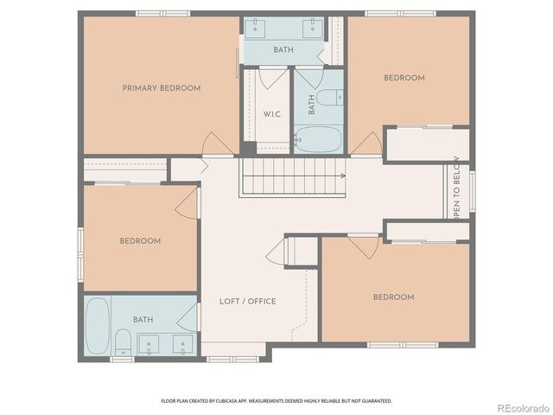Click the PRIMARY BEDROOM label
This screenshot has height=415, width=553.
[162, 88]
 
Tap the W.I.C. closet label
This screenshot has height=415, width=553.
[270, 114]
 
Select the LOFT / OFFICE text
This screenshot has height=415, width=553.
[247, 301]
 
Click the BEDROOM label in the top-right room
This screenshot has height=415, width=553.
[404, 78]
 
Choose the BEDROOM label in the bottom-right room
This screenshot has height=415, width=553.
[393, 297]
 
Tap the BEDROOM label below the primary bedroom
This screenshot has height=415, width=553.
[140, 241]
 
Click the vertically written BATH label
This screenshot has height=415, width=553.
[312, 105]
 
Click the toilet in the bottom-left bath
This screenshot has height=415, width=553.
[124, 341]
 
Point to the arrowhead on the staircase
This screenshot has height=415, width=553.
[344, 176]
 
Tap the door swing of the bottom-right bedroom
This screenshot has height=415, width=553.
[364, 246]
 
